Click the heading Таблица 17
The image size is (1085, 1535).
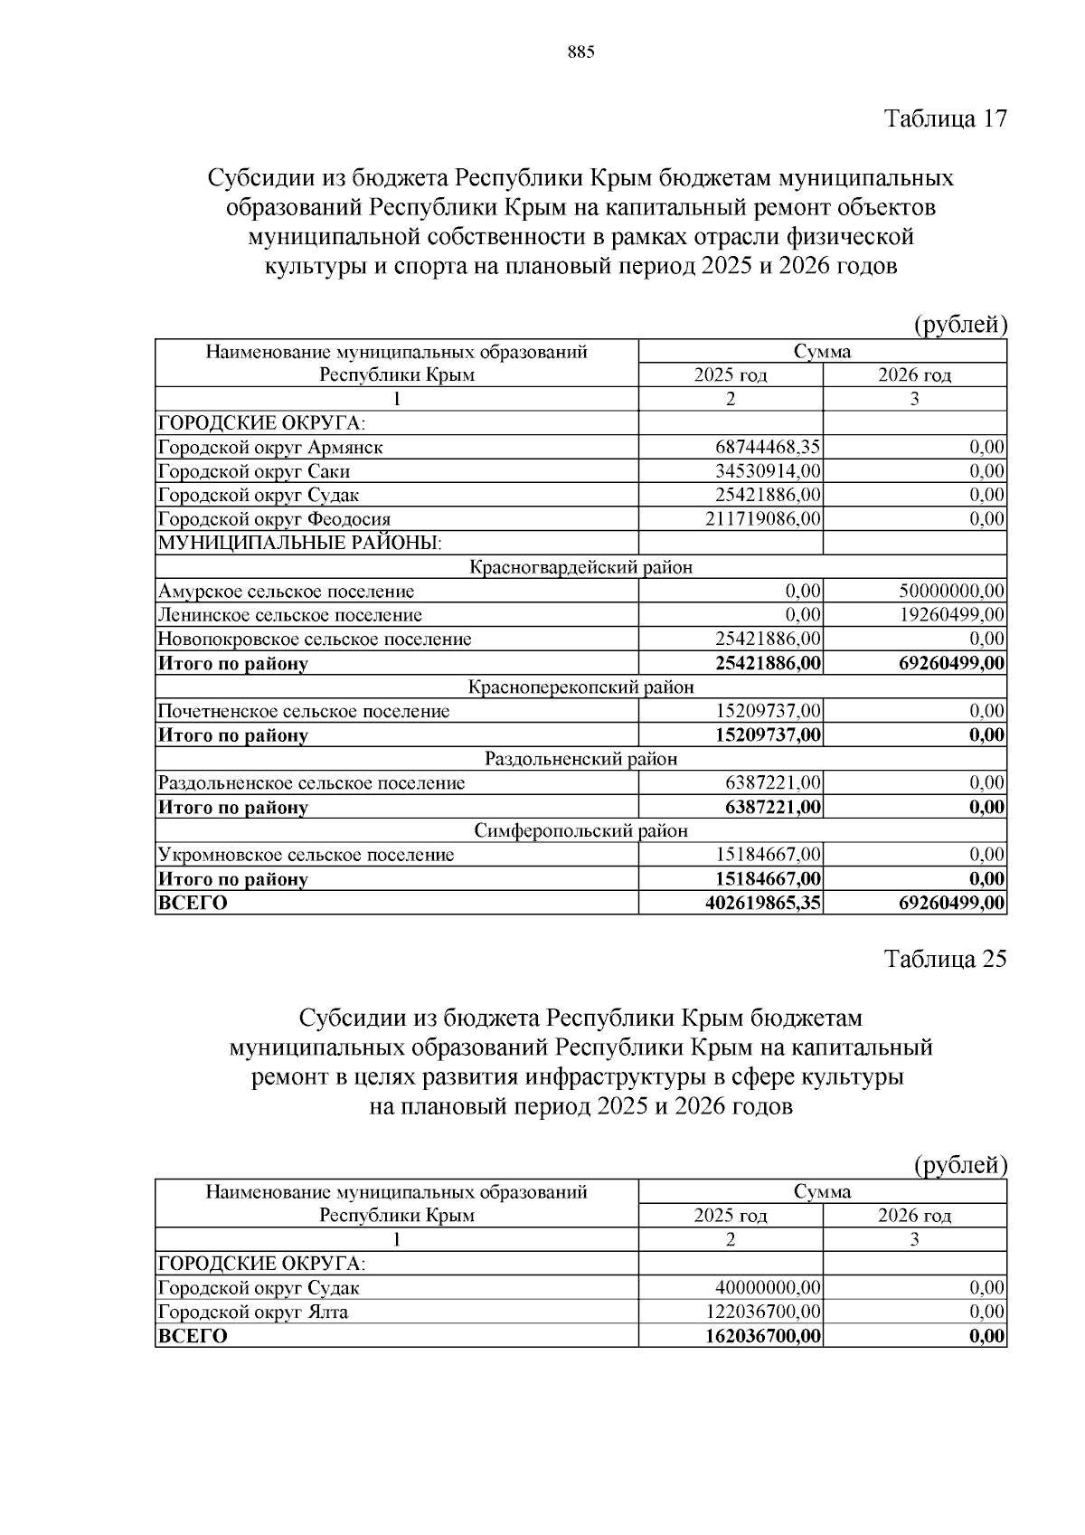click(945, 118)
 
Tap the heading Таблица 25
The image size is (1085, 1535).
click(945, 960)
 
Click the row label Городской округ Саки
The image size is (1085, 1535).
click(254, 471)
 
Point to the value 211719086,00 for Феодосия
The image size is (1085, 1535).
click(763, 519)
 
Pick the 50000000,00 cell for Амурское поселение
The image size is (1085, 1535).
click(951, 592)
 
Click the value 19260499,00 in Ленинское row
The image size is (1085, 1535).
click(951, 615)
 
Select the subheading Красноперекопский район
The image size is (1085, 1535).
click(581, 687)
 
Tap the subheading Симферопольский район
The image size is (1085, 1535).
click(581, 830)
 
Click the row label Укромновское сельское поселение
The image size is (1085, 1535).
click(307, 855)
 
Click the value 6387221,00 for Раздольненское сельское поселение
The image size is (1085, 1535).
click(773, 782)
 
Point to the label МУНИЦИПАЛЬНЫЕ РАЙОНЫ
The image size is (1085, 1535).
click(300, 543)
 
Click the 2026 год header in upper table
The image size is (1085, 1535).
click(914, 374)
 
